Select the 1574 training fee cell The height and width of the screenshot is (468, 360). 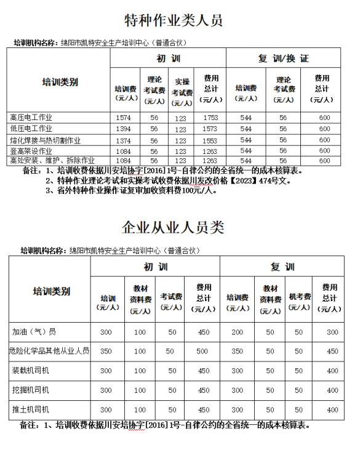pyautogui.click(x=124, y=117)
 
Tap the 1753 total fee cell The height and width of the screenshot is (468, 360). pyautogui.click(x=210, y=117)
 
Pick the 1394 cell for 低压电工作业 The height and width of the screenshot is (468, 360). pyautogui.click(x=124, y=128)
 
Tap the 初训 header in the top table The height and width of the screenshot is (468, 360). pyautogui.click(x=168, y=58)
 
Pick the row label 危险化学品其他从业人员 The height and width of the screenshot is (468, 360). pyautogui.click(x=50, y=351)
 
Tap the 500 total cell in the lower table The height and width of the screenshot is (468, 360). pyautogui.click(x=204, y=351)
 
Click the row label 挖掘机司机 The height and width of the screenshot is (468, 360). pyautogui.click(x=30, y=390)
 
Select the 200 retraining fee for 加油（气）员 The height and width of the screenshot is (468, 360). pyautogui.click(x=236, y=332)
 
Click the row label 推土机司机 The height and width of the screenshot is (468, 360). pyautogui.click(x=30, y=409)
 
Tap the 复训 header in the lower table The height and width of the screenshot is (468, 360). pyautogui.click(x=282, y=267)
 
